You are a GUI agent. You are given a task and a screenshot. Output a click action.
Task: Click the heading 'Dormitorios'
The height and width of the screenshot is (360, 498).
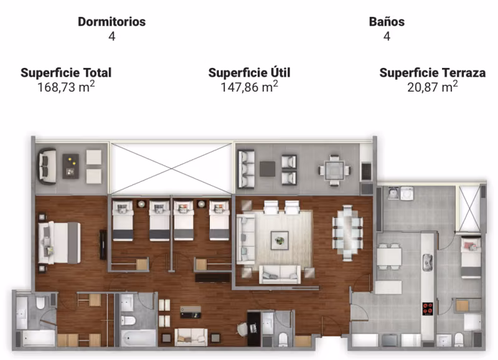(x=112, y=22)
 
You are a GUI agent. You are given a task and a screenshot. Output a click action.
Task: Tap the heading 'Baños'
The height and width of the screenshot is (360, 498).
(x=387, y=22)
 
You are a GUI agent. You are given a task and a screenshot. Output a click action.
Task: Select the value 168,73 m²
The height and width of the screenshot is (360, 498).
(x=66, y=87)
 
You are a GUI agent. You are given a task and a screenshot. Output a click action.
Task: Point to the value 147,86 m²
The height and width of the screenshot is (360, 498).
(x=250, y=87)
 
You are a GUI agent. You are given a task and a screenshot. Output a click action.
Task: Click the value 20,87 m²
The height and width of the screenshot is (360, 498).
(x=433, y=87)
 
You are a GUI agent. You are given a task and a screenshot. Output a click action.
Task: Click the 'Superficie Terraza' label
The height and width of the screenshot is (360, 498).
(x=433, y=73)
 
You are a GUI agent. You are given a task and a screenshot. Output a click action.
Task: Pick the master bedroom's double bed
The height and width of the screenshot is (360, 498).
(x=59, y=243)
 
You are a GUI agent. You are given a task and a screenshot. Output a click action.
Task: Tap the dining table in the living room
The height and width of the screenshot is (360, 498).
(x=347, y=233)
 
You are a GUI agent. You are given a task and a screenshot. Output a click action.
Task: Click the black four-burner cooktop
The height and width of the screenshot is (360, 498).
(x=428, y=308)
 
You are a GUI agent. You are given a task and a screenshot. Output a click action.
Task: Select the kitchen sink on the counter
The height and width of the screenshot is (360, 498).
(x=428, y=262)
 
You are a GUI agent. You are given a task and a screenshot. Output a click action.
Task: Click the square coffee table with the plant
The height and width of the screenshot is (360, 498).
(x=280, y=240)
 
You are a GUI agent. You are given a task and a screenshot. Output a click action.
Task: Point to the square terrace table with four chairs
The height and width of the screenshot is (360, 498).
(x=334, y=170)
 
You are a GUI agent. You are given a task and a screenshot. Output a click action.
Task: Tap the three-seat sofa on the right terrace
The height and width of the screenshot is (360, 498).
(x=246, y=169)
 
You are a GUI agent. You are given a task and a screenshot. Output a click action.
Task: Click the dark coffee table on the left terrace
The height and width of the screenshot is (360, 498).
(x=70, y=166)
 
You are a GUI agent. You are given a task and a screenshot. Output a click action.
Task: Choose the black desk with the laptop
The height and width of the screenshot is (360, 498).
(x=254, y=329)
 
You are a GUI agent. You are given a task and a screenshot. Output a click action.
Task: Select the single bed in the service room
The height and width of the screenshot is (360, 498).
(x=471, y=258)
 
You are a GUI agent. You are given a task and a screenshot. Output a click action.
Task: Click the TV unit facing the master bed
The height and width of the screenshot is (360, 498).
(x=103, y=244)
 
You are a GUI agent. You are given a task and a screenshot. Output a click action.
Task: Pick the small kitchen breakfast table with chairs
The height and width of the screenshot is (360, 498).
(x=389, y=257)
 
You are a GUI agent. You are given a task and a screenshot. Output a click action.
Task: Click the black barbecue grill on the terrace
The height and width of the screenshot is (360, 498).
(x=366, y=171)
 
